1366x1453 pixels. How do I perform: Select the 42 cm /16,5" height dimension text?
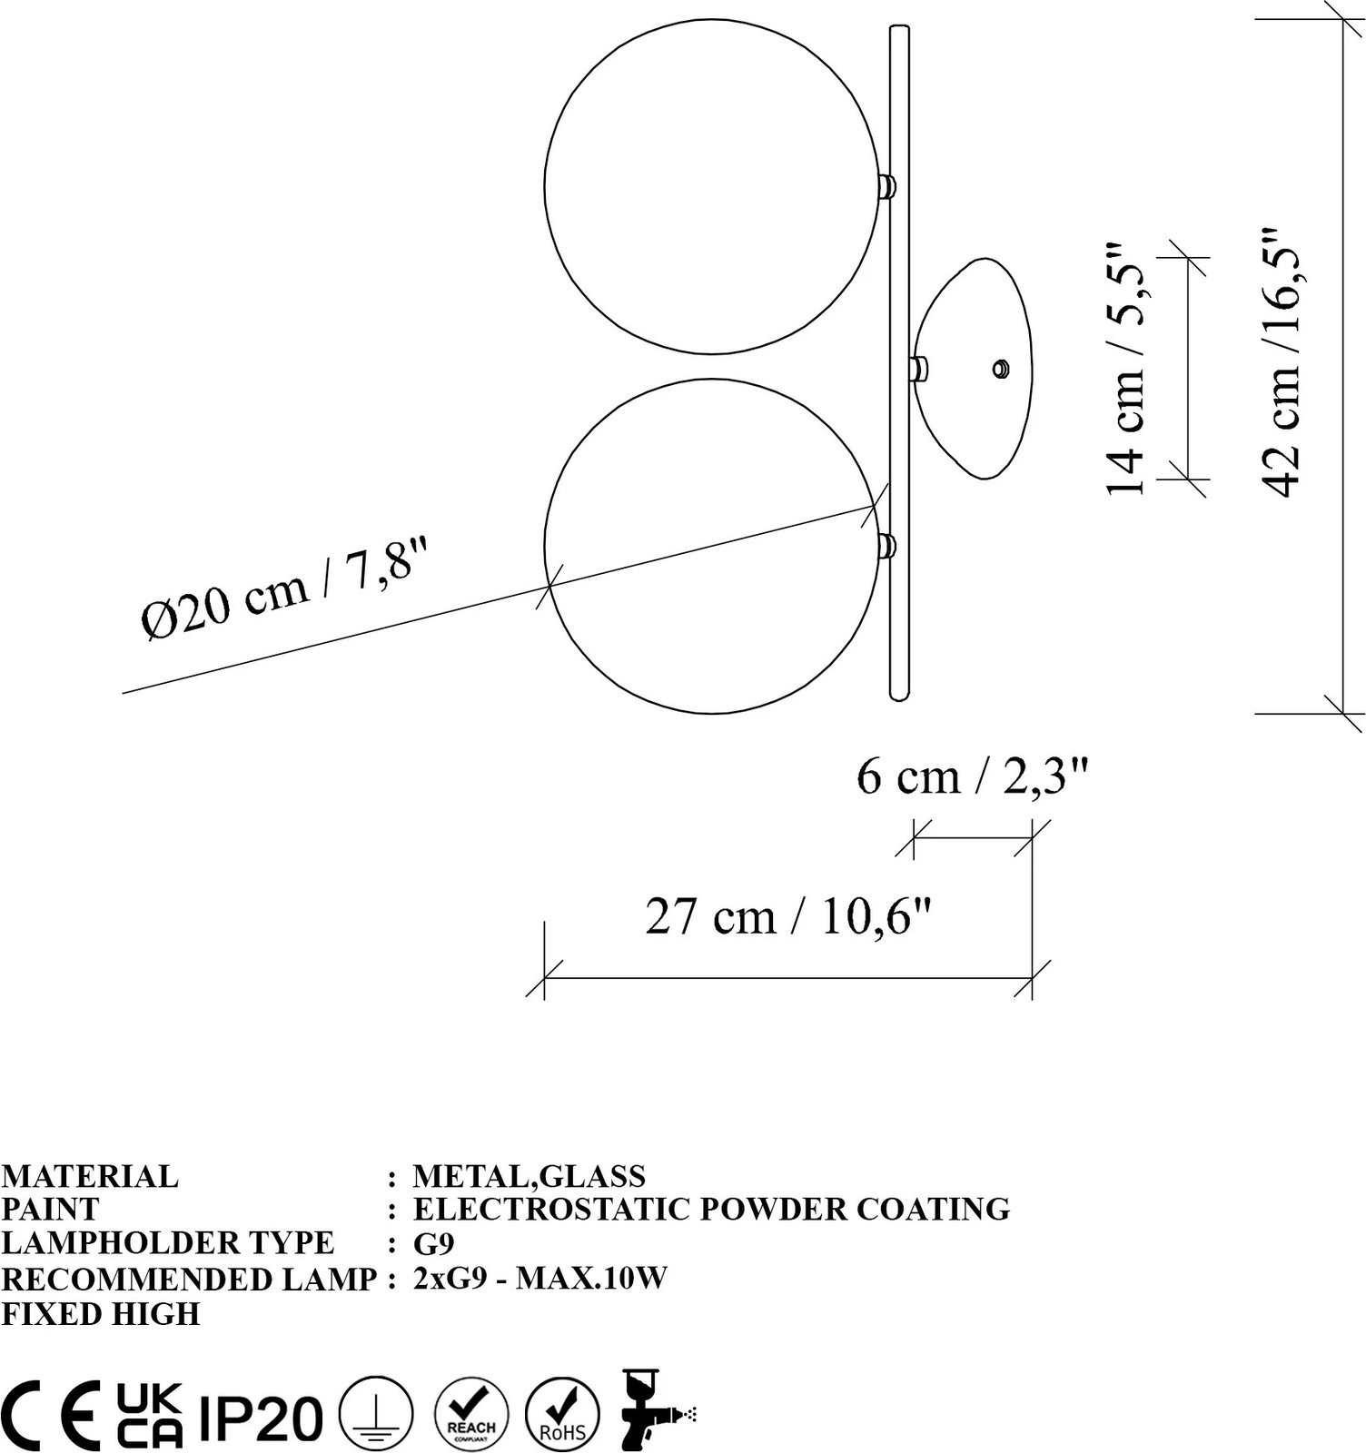point(1283,361)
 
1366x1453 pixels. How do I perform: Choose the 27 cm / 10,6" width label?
point(789,916)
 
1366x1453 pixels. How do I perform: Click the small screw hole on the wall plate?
point(1001,368)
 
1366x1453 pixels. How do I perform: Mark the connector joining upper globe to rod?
point(886,186)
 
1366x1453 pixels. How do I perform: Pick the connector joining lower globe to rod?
point(886,547)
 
